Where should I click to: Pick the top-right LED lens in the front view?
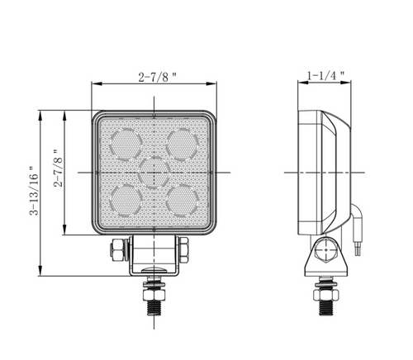[181, 144]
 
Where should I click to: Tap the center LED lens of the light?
[154, 172]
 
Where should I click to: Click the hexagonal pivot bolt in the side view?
[325, 249]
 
